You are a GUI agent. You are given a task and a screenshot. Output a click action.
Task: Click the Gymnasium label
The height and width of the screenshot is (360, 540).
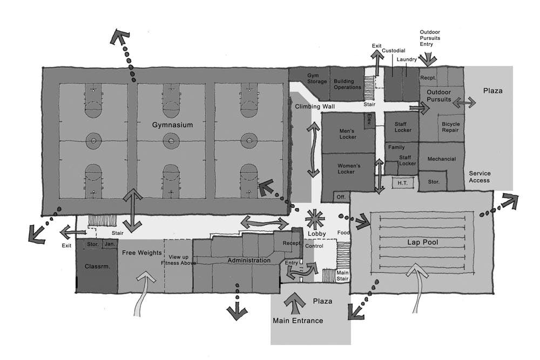[172, 125]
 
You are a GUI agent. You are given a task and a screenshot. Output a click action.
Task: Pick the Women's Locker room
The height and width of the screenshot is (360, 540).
[348, 168]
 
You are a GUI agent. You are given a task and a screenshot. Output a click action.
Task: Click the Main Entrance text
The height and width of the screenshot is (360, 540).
[298, 321]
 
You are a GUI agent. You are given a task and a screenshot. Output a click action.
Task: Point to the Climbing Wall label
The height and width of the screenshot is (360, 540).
[315, 107]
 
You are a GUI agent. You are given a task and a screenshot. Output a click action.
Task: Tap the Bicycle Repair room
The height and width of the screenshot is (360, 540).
[450, 127]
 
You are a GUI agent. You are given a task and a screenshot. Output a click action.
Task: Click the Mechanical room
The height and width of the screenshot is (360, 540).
[441, 159]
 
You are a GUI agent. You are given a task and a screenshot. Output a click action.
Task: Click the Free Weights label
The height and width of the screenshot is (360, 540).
[141, 253]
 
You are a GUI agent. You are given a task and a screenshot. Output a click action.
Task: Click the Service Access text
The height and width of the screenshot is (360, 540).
[479, 176]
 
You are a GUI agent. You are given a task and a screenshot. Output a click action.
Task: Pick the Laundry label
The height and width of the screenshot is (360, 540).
[407, 59]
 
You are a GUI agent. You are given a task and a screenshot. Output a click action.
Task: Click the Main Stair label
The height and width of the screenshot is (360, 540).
[342, 276]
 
